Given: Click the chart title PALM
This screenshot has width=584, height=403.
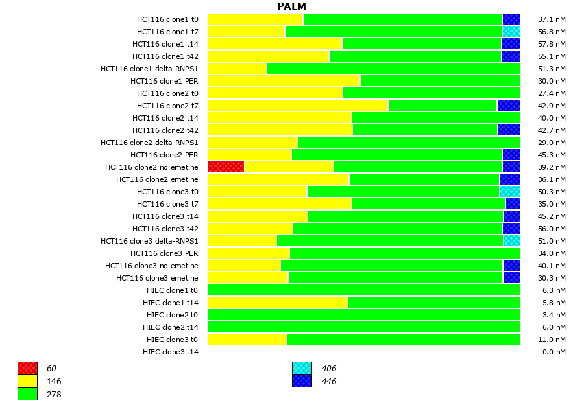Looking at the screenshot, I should pos(291,6).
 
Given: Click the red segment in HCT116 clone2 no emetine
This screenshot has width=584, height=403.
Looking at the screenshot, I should pos(226,167).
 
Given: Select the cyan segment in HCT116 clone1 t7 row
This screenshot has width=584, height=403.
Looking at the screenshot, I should pos(511,32).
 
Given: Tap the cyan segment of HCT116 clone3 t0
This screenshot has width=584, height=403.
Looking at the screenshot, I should pos(509,192).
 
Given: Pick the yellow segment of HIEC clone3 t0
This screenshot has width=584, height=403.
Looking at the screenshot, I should pos(247,340).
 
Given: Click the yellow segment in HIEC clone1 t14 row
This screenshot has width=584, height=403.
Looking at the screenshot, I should pos(278,303).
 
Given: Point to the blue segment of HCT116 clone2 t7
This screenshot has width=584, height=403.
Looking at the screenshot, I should pos(508,106).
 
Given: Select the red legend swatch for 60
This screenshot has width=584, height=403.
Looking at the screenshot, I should pos(27,369).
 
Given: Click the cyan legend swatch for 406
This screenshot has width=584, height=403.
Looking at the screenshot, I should pos(302,369).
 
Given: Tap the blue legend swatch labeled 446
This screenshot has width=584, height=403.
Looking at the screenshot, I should pos(302,381).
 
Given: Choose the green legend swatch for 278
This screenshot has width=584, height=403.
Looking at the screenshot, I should pos(27,393).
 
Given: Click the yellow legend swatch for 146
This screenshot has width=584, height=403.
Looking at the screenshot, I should pos(27,381).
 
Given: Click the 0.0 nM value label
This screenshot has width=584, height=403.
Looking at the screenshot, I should pos(554,352).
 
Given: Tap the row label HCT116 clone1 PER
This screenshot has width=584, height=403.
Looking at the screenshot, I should pos(164,81).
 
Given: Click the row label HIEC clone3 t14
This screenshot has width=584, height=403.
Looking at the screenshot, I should pos(171,352).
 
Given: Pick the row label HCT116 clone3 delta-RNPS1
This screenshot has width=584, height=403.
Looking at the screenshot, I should pos(149,241).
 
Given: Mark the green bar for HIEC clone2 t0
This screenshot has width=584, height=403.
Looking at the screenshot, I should pos(363,315).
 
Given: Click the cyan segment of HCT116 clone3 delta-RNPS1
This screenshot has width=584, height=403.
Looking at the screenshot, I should pos(511,241).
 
